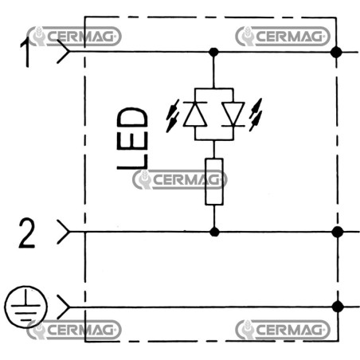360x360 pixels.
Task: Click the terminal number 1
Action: pyautogui.click(x=25, y=53)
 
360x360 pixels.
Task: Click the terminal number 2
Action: pyautogui.click(x=27, y=233)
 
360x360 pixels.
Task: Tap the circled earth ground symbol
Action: pyautogui.click(x=25, y=307)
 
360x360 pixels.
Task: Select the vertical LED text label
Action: pyautogui.click(x=132, y=139)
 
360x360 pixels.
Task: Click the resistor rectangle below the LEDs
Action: pyautogui.click(x=214, y=182)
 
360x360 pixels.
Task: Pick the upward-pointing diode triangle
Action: pyautogui.click(x=195, y=114)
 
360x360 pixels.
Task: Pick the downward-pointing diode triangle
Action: pyautogui.click(x=233, y=114)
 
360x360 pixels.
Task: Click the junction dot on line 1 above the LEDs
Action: pyautogui.click(x=213, y=52)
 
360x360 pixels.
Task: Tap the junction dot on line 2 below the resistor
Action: pyautogui.click(x=214, y=232)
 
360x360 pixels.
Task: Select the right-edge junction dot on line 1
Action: pyautogui.click(x=336, y=52)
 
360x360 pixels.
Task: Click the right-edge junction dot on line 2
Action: pyautogui.click(x=337, y=232)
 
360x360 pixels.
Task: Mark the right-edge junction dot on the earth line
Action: pyautogui.click(x=338, y=307)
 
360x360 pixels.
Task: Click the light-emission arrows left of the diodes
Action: pyautogui.click(x=173, y=115)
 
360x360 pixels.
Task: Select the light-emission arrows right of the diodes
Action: pyautogui.click(x=256, y=115)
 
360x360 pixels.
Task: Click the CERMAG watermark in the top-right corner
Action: pyautogui.click(x=283, y=36)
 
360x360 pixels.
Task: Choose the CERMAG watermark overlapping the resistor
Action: pyautogui.click(x=180, y=180)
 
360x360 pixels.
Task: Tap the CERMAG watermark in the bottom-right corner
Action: pyautogui.click(x=283, y=330)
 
